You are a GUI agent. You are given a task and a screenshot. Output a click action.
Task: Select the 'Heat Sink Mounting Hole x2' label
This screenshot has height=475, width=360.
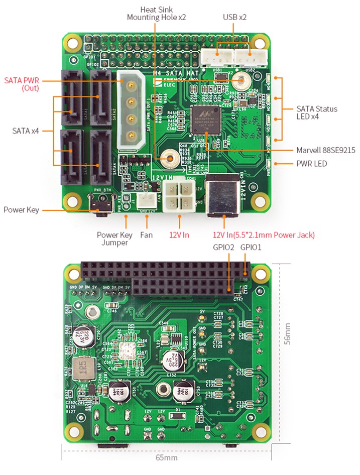(156, 13)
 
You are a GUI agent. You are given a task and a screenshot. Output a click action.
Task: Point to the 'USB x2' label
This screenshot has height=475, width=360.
(234, 17)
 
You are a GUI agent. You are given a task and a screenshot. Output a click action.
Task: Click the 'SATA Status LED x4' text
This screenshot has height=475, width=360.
(317, 112)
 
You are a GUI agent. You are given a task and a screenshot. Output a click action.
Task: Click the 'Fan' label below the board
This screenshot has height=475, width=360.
(147, 234)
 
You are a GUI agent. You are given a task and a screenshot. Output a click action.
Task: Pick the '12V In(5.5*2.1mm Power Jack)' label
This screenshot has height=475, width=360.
(264, 234)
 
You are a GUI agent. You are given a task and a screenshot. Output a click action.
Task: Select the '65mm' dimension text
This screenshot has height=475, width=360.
(166, 457)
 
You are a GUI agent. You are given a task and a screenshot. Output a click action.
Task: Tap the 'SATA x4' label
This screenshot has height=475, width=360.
(27, 131)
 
